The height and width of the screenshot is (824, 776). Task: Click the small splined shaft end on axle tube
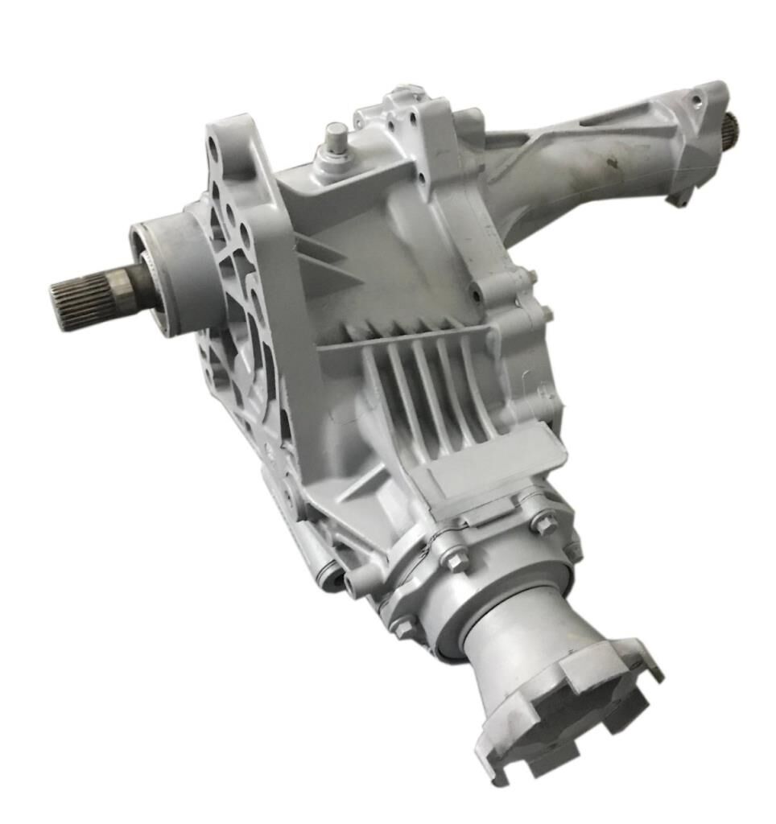tap(732, 126)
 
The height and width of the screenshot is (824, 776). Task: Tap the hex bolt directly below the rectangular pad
tap(543, 524)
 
